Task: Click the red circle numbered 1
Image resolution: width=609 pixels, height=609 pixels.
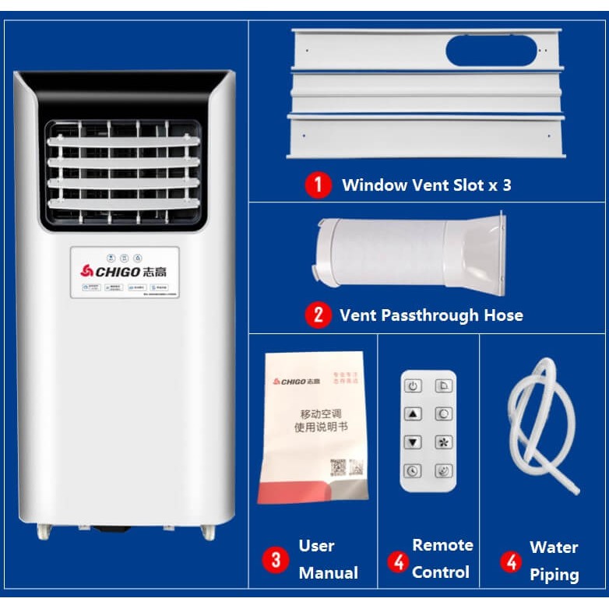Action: click(x=317, y=185)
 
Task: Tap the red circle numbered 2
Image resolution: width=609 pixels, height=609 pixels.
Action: click(x=317, y=315)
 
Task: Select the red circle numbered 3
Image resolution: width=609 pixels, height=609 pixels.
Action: click(x=275, y=559)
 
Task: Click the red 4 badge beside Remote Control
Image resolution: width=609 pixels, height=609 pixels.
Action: click(x=398, y=561)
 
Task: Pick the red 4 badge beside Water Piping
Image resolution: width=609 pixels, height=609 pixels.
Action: click(x=511, y=561)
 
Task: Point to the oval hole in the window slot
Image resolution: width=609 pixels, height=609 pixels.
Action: click(x=491, y=51)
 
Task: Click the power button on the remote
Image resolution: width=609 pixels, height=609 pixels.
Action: click(x=413, y=386)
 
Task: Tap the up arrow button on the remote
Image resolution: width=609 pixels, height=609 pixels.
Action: click(x=413, y=414)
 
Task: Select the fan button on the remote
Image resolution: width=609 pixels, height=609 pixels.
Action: click(x=443, y=442)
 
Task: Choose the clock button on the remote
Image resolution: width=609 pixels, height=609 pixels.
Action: click(x=413, y=470)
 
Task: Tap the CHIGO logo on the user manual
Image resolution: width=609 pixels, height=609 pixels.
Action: click(x=295, y=381)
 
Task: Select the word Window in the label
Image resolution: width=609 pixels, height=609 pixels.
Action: click(x=375, y=185)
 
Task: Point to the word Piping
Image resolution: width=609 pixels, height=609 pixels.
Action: click(x=554, y=575)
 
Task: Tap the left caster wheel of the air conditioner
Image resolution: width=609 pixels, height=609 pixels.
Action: click(x=44, y=531)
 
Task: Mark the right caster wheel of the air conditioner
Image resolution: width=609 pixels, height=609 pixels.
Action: click(x=207, y=531)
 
